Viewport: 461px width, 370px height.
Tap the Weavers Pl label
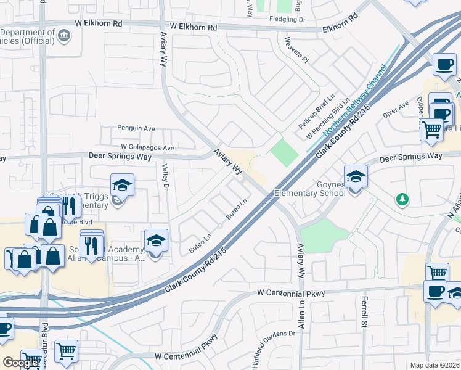(296, 51)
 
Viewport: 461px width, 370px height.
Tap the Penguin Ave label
(136, 128)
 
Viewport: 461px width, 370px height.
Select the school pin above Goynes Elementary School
(355, 176)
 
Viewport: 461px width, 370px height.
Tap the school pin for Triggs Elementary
(121, 185)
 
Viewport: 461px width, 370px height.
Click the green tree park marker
(402, 199)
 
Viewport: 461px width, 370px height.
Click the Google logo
(20, 363)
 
